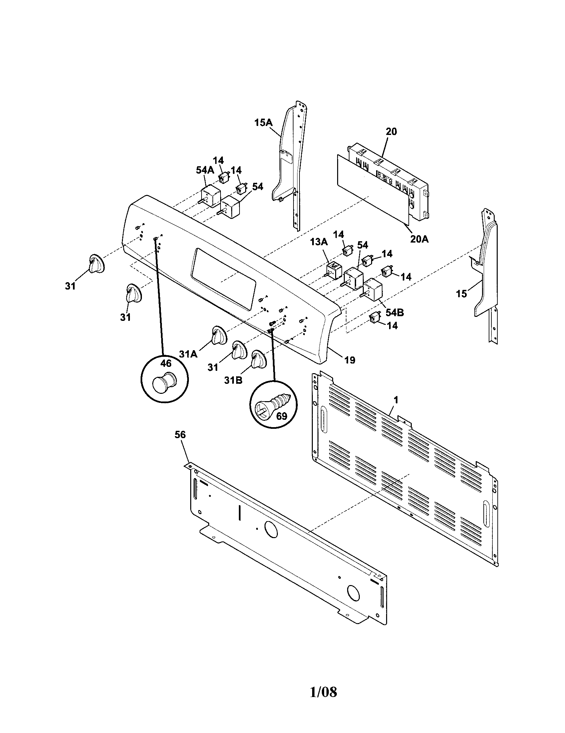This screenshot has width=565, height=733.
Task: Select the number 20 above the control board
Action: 391,132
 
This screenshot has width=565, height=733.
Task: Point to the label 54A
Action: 205,170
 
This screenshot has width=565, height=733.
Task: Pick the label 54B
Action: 394,313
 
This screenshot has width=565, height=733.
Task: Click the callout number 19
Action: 349,360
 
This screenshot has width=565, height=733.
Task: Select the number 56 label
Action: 180,434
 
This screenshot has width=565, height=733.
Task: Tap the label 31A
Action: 188,354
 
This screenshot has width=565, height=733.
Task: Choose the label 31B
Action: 234,381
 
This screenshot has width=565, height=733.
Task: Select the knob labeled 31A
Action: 218,335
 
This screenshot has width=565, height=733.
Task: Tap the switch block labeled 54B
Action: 373,288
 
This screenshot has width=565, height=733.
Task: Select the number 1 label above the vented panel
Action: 396,400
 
